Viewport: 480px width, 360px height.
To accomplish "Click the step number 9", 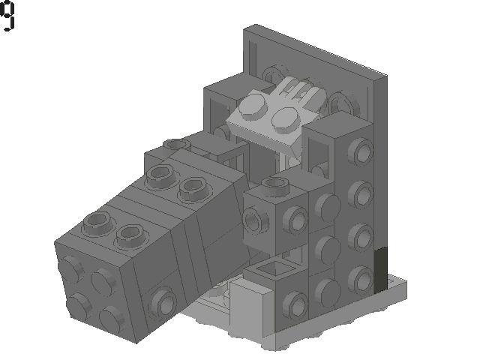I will (x=7, y=16).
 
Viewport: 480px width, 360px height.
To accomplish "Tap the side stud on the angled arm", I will (x=161, y=302).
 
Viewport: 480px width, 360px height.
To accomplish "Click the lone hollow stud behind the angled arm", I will (x=176, y=144).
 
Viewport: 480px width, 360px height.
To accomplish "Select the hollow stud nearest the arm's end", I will (x=97, y=220).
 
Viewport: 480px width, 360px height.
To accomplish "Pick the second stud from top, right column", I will (x=362, y=194).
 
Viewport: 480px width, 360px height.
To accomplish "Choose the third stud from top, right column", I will (x=362, y=237).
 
